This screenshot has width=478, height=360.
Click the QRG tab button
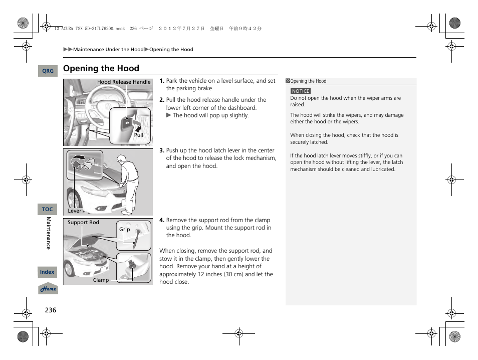click(x=48, y=71)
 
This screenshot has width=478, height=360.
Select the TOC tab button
click(x=48, y=209)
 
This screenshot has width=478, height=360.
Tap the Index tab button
click(x=48, y=272)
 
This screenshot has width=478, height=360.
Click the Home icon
click(x=48, y=289)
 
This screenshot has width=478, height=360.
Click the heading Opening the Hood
click(x=101, y=68)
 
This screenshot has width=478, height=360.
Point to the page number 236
click(x=50, y=310)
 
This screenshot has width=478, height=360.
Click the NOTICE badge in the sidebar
click(x=301, y=91)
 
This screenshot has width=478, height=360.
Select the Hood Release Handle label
click(x=124, y=82)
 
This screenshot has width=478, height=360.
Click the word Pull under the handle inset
click(x=138, y=135)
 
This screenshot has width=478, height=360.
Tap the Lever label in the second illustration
click(x=75, y=211)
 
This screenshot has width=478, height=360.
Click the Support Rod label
click(x=83, y=223)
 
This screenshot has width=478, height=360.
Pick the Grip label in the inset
click(x=124, y=230)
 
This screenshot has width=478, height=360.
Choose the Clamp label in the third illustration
click(x=101, y=280)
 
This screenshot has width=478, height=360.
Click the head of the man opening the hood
click(x=121, y=160)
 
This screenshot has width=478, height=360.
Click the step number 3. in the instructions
click(x=162, y=150)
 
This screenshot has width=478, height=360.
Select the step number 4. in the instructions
click(x=162, y=220)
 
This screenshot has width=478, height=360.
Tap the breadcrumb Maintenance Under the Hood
click(x=108, y=50)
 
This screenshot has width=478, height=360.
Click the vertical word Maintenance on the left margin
click(x=49, y=233)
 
